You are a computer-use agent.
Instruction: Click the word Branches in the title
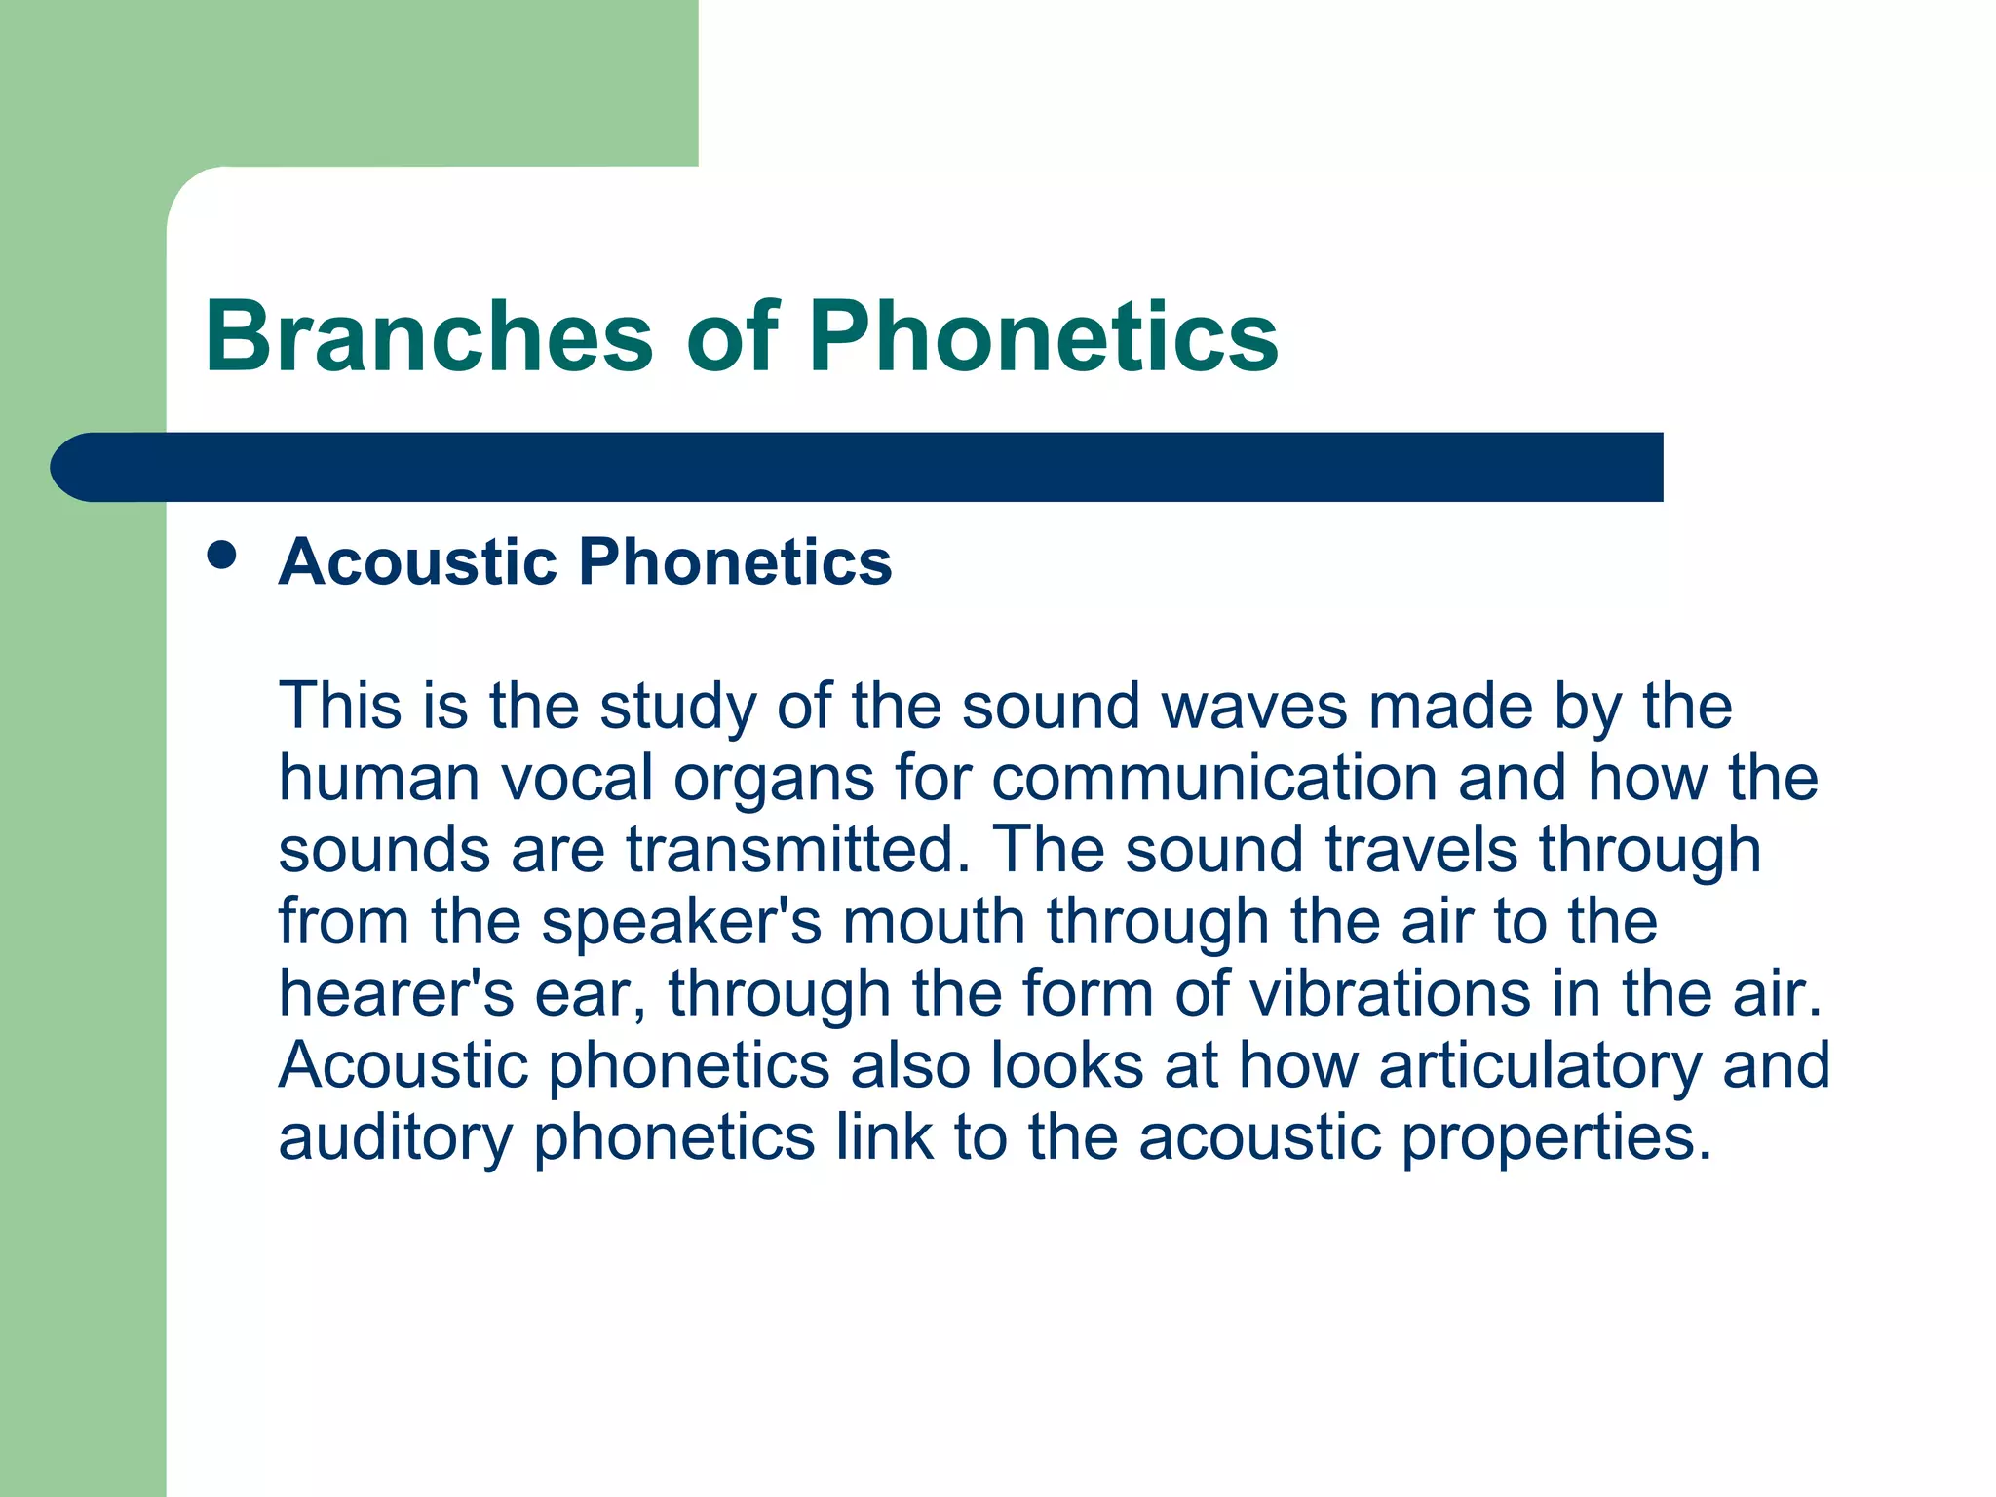coord(429,336)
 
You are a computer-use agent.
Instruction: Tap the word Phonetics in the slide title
coord(1043,336)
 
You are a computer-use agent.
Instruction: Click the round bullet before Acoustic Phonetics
coord(222,555)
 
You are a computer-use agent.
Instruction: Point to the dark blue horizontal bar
coord(858,467)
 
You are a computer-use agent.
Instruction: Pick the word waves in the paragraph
coord(1254,707)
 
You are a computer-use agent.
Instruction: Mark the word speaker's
coord(681,923)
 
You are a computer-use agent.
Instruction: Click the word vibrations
coord(1390,993)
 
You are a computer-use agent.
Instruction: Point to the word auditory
coord(395,1137)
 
